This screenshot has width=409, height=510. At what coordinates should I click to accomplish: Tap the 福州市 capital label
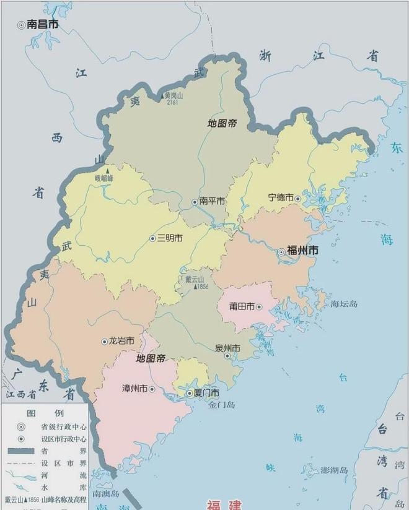(303, 251)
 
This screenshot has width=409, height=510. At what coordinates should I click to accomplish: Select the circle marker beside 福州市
(281, 252)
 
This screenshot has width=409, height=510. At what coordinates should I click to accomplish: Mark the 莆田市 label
(242, 306)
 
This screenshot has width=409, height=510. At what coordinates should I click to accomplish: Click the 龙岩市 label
(121, 341)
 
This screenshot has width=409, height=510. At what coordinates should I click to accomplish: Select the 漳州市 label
(134, 389)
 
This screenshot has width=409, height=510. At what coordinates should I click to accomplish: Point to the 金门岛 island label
(221, 405)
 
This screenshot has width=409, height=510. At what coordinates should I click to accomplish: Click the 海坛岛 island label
(344, 304)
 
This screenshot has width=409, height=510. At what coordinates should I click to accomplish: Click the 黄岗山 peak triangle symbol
(164, 95)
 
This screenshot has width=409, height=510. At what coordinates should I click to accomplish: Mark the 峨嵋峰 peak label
(104, 178)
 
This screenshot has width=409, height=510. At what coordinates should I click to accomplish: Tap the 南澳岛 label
(105, 494)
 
